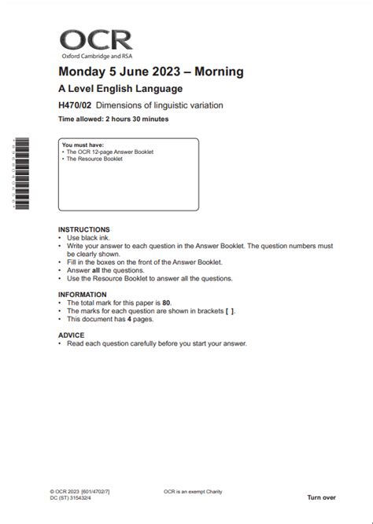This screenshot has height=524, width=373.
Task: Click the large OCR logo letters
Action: point(97,41)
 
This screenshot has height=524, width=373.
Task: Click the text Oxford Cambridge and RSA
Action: point(91,57)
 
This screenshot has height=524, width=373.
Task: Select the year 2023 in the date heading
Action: point(164,72)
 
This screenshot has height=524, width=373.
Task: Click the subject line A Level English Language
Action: point(120,89)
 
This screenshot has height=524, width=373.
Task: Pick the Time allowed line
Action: point(113,119)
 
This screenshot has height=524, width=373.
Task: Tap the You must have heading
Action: point(80,145)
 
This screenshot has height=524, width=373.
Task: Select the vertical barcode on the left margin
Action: point(21,174)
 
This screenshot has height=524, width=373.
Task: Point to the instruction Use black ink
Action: point(90,237)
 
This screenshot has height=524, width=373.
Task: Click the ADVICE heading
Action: point(71,335)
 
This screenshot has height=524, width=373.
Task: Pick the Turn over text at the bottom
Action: point(322,497)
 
